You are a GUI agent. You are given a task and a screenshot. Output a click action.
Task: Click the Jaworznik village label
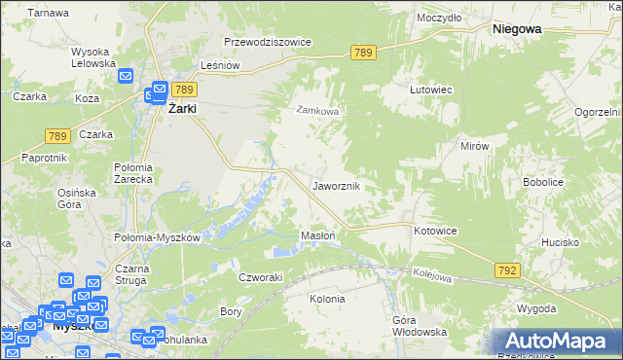click(337, 185)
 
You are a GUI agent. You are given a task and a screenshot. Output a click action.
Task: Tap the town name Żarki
click(182, 109)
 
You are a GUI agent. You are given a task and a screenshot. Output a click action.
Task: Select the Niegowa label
click(517, 29)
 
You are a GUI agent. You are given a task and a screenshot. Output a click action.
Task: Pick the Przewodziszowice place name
click(267, 43)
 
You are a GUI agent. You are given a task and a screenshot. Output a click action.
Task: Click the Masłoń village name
click(318, 235)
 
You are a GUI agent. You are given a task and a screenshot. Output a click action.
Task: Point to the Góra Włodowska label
click(419, 326)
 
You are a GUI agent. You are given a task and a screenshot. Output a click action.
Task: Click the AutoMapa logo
click(558, 341)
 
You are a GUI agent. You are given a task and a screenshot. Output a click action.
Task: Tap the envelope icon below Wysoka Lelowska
click(126, 76)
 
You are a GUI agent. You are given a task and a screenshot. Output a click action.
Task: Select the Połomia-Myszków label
click(158, 237)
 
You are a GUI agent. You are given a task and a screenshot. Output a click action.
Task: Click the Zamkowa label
click(317, 111)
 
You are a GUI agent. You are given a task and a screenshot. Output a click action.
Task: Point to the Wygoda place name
click(537, 308)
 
